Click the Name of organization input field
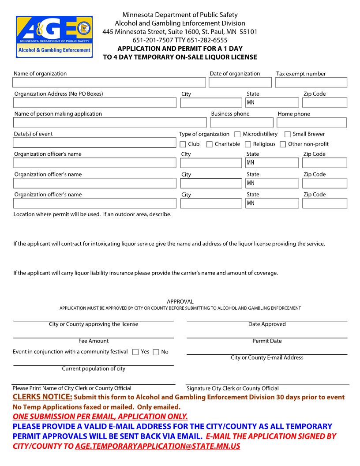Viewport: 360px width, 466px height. tap(109, 83)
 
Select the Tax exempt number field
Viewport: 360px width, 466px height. tap(311, 83)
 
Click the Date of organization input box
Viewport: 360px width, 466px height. tap(240, 83)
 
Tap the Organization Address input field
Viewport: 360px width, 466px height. tap(94, 103)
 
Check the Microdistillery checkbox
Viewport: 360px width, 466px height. tap(237, 134)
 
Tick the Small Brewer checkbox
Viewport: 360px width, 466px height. tap(288, 134)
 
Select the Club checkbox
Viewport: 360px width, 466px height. tap(183, 144)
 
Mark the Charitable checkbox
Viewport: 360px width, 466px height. tap(210, 144)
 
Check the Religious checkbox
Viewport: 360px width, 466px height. tap(248, 144)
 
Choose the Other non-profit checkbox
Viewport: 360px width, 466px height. tap(283, 144)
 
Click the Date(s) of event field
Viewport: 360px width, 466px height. tap(94, 143)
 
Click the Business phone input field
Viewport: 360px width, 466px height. tap(241, 123)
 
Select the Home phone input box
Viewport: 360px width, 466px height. tap(312, 123)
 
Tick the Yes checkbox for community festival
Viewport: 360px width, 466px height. tap(135, 352)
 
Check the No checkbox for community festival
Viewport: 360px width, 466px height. tap(156, 352)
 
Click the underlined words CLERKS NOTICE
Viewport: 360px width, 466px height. tap(42, 397)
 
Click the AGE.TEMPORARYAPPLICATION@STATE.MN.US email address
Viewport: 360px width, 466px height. tap(157, 446)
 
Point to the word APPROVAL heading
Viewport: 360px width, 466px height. tap(180, 302)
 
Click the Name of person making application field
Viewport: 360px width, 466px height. tap(109, 123)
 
